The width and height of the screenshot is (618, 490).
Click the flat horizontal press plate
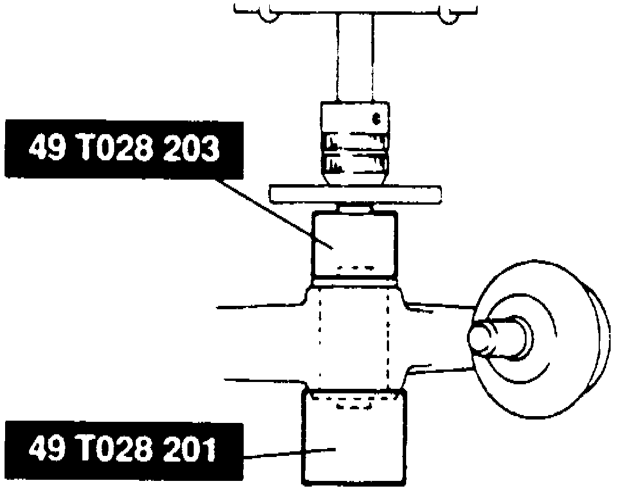[x=355, y=194]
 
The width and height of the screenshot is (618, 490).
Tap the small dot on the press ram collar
[x=375, y=119]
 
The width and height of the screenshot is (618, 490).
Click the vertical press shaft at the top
[x=355, y=57]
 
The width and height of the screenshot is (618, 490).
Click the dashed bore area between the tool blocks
[x=355, y=341]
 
